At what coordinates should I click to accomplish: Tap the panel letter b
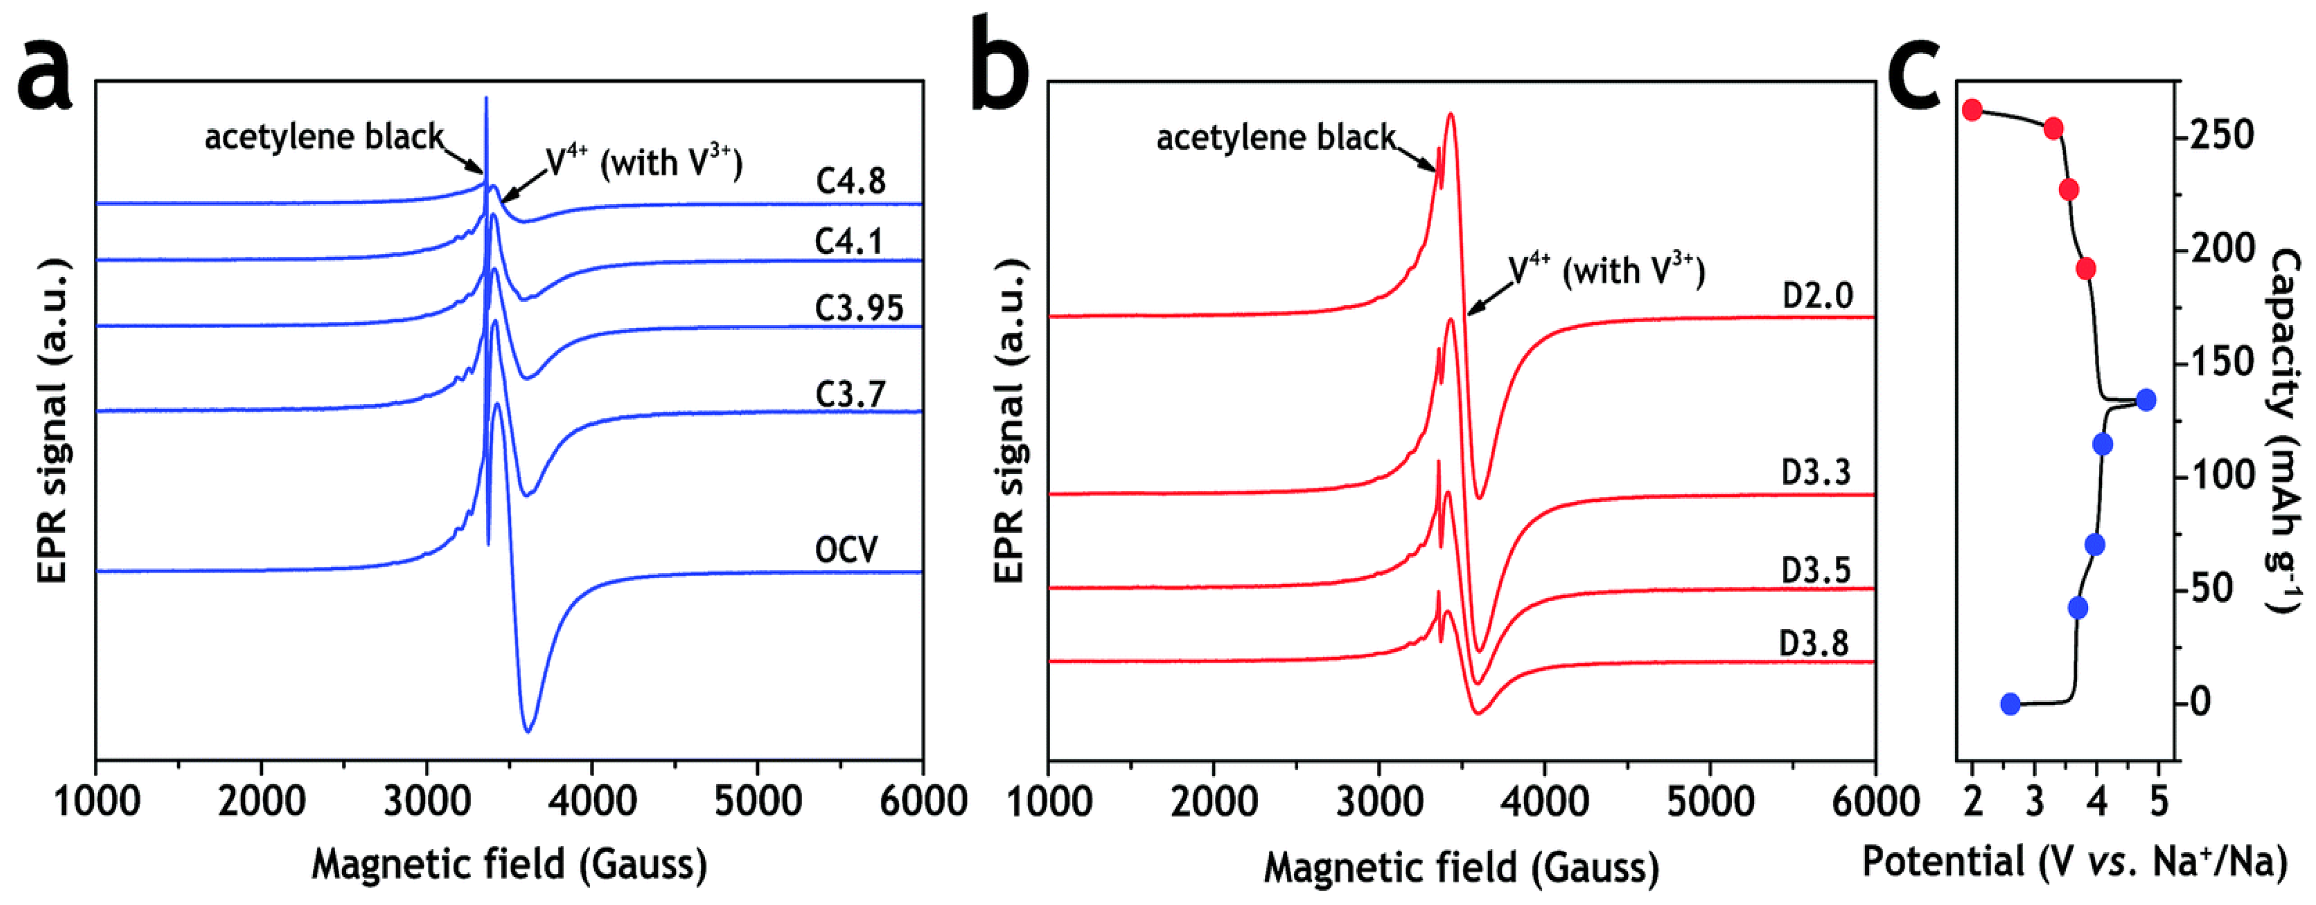tap(1000, 68)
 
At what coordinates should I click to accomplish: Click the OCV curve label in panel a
tap(845, 549)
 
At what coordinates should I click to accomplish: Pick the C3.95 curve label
tap(859, 308)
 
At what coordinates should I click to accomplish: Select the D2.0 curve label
tap(1817, 296)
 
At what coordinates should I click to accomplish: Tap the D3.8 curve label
tap(1814, 643)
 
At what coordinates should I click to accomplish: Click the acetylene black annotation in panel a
tap(323, 137)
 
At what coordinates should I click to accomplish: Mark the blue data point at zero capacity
tap(2010, 704)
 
